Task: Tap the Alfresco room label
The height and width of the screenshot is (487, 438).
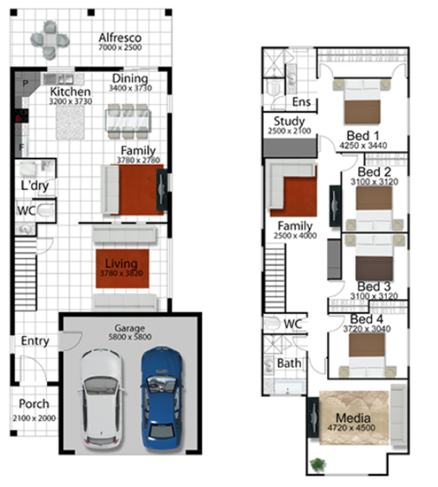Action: (x=120, y=38)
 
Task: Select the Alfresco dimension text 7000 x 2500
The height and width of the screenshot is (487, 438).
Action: (x=120, y=47)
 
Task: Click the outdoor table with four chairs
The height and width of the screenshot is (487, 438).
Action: (x=50, y=40)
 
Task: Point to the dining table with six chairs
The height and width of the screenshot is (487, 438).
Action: (x=128, y=121)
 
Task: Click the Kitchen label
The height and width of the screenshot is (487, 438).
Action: (x=70, y=92)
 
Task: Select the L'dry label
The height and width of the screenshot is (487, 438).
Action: (x=35, y=185)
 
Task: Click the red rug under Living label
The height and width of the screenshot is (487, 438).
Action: (x=122, y=268)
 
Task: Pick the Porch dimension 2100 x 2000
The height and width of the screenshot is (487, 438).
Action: (x=34, y=418)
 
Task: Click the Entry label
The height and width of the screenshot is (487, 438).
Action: (x=35, y=341)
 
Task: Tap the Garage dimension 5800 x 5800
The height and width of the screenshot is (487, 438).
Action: (x=130, y=337)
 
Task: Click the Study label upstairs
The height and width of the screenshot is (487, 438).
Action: (x=289, y=121)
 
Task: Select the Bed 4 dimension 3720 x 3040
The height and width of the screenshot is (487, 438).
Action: (x=367, y=329)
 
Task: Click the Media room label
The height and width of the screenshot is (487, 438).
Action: (x=353, y=418)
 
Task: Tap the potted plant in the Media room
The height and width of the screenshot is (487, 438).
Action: (x=318, y=464)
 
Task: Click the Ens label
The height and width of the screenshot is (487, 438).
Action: (x=301, y=102)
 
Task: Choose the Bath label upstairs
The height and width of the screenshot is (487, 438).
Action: (x=289, y=363)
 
